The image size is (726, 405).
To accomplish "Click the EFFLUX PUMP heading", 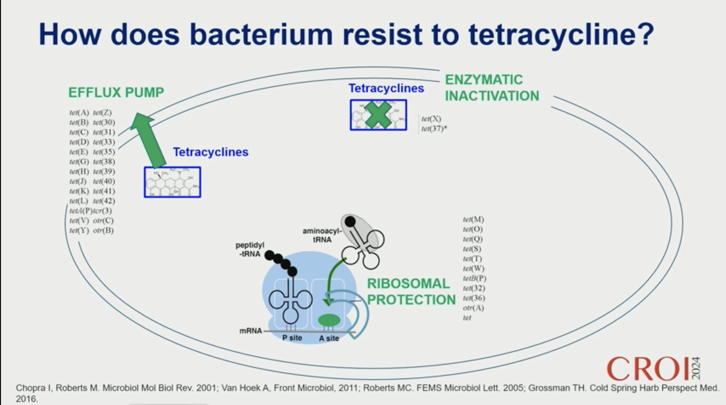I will click(x=116, y=92).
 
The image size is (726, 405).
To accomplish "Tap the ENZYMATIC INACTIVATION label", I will click(x=492, y=88).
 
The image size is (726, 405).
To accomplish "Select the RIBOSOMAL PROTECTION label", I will click(x=411, y=291).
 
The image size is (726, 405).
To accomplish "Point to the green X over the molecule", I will click(x=378, y=115).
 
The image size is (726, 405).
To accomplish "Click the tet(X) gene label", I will click(x=431, y=119).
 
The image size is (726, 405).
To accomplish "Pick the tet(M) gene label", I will click(x=473, y=219).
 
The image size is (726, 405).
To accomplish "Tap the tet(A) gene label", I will click(x=79, y=112).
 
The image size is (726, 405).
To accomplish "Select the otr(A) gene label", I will click(x=473, y=308).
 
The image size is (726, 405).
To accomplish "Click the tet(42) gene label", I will click(x=104, y=201).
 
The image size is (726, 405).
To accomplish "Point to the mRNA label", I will click(x=250, y=331).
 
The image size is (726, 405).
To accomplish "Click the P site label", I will click(x=292, y=338).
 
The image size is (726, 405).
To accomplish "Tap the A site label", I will click(x=329, y=338).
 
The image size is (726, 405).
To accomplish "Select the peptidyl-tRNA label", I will click(x=250, y=250).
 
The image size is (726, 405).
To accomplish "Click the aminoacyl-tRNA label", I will click(x=322, y=235).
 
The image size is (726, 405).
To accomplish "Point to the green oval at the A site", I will click(x=329, y=320).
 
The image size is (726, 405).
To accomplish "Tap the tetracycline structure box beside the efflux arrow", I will click(x=172, y=182).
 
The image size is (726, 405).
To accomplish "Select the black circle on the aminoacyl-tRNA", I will click(x=350, y=222).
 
